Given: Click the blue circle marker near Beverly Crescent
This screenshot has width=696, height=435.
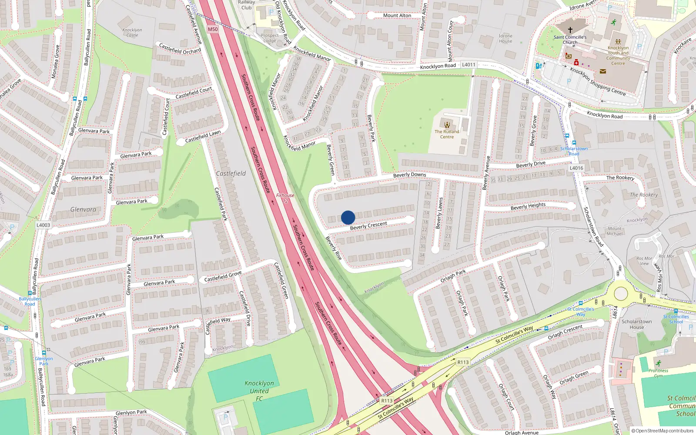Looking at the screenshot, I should point(348,217).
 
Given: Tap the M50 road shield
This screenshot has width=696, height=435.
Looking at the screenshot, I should point(213,29).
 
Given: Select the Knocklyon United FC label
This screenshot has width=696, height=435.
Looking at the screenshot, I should point(259,391).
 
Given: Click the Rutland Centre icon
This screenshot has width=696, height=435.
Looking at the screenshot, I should point(447,125).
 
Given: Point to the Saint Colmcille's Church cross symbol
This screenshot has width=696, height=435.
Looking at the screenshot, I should point(570,30).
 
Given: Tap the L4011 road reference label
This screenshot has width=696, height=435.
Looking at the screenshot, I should point(468,65).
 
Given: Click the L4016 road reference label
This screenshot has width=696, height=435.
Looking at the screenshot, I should point(576,168).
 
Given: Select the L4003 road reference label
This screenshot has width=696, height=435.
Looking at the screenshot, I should point(43,225).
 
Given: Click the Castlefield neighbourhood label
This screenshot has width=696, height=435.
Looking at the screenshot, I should point(231,174).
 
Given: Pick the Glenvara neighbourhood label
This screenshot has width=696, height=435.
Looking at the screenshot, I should point(83,210).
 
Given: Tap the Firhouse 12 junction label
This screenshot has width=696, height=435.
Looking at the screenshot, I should point(285,198).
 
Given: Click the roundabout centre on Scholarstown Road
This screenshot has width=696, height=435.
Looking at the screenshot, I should point(621,294).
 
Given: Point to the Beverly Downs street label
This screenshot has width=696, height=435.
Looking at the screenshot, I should point(410,175).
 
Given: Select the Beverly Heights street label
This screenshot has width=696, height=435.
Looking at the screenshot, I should point(528,206).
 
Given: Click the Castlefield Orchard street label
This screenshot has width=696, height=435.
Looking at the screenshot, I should point(180,49).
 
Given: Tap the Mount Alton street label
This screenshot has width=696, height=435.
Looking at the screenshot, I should point(397,16).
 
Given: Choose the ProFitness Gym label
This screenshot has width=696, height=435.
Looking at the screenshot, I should point(658,373).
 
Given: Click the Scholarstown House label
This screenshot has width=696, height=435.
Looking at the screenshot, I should point(636,325).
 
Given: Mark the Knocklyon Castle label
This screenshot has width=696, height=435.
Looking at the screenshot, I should point(132,33).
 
